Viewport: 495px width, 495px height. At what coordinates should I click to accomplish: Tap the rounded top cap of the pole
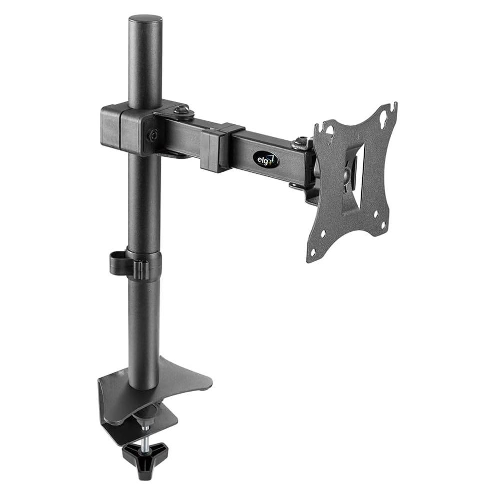[145, 21]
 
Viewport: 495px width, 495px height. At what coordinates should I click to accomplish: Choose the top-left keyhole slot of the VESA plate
[330, 130]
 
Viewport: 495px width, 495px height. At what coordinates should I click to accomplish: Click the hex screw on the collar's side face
[153, 135]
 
